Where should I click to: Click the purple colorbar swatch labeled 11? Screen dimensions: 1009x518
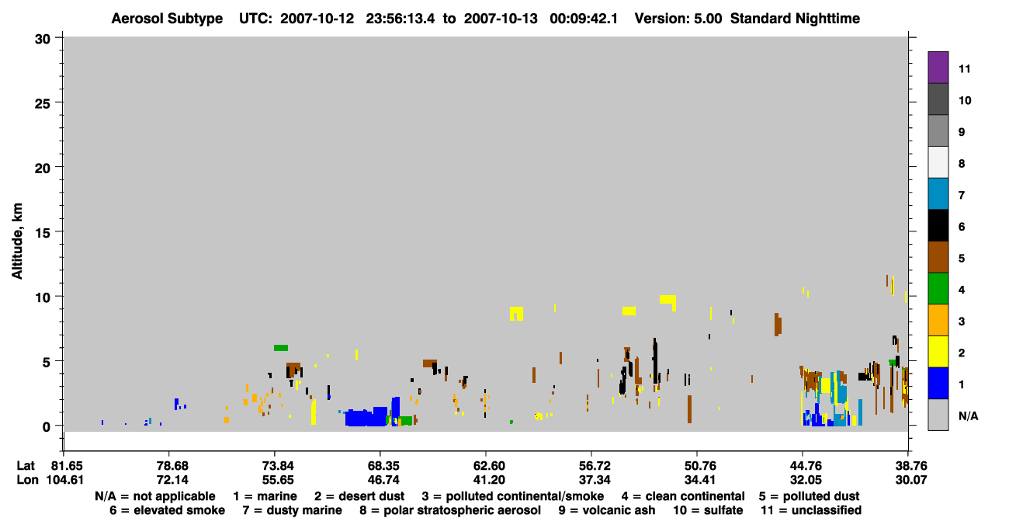tap(938, 68)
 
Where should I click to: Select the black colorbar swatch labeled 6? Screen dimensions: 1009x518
tap(938, 225)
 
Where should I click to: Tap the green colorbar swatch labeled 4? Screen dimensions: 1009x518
tap(938, 289)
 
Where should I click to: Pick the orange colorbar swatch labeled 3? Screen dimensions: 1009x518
tap(938, 320)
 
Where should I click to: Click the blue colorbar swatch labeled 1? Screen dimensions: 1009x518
tap(938, 383)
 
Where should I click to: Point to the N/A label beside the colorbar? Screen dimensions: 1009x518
tap(969, 415)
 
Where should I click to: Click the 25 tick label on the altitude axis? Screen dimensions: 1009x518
tap(43, 104)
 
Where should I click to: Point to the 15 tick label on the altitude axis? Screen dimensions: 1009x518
tap(43, 233)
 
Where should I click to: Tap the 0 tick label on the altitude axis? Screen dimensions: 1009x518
tap(47, 426)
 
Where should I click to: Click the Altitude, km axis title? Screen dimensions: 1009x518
tap(17, 242)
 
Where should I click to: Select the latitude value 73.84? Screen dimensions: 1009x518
tap(275, 466)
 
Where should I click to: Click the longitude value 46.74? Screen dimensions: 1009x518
tap(380, 480)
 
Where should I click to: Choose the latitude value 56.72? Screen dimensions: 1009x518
tap(592, 466)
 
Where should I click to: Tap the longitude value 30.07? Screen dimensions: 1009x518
tap(910, 480)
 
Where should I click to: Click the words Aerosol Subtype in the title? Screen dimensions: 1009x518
tap(167, 19)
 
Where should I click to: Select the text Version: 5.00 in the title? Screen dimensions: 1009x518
tap(678, 19)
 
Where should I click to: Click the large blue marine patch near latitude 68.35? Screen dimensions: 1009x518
tap(366, 417)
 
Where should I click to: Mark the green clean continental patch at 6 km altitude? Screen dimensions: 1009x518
tap(281, 348)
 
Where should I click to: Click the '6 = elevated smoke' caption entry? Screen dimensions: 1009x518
tap(167, 510)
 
